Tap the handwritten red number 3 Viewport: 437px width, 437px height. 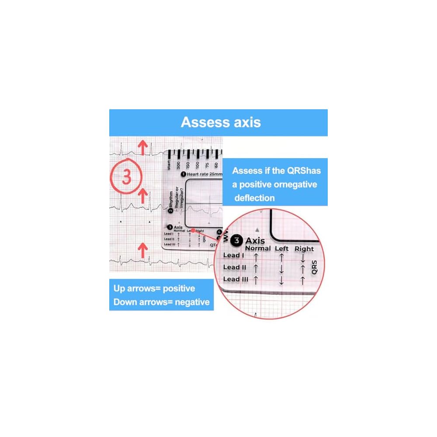(x=126, y=177)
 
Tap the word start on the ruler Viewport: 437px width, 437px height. (x=169, y=164)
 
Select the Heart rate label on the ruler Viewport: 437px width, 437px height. (x=201, y=174)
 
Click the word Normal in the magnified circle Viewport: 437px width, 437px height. (x=258, y=248)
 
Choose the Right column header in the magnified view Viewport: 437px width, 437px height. (x=304, y=249)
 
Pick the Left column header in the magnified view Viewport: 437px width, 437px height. (x=281, y=248)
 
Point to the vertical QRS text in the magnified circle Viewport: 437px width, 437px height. (x=314, y=267)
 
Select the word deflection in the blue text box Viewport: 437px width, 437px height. (x=254, y=198)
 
